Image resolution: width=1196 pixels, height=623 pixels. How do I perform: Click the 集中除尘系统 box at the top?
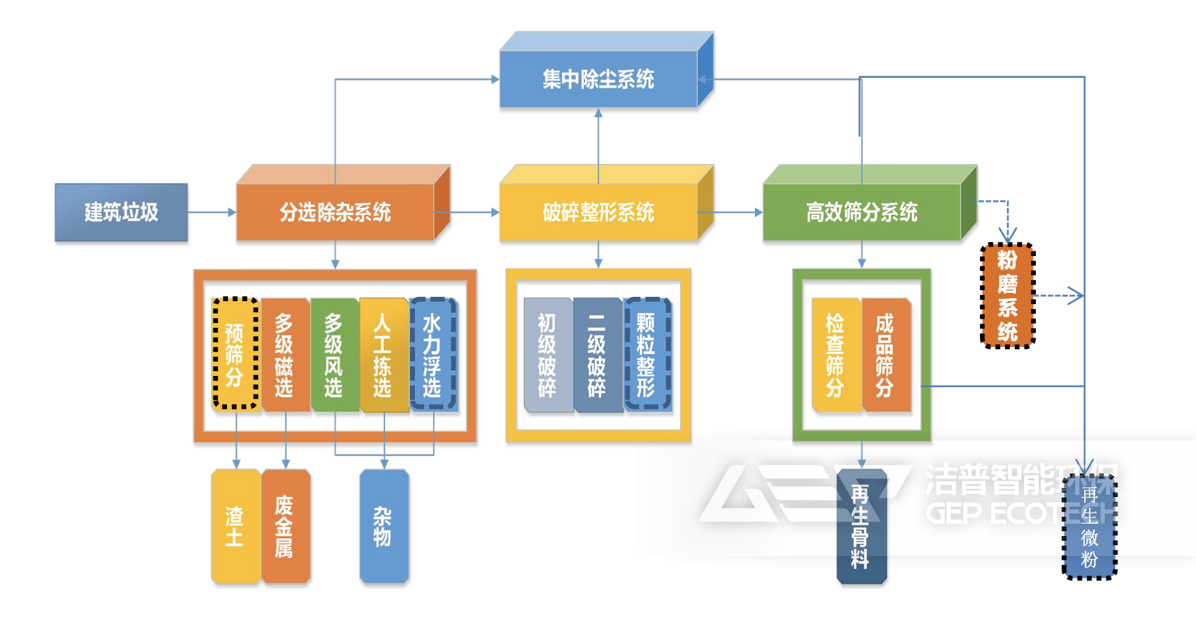(x=598, y=79)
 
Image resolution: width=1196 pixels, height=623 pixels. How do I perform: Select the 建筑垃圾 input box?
(x=121, y=212)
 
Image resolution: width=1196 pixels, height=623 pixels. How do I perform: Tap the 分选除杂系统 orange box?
(x=335, y=212)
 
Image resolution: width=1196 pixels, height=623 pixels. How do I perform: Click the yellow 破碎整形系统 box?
(x=598, y=212)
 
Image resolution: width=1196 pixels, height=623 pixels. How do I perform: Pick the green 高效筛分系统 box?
(x=861, y=212)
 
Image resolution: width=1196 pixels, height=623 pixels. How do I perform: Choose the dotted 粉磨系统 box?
(x=1007, y=296)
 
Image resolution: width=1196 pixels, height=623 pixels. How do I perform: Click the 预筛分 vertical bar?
(x=235, y=355)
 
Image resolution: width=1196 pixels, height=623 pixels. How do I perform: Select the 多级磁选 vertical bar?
(x=284, y=355)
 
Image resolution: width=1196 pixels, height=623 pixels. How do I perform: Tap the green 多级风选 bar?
(x=333, y=355)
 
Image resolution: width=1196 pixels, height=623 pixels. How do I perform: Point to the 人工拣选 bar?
(x=383, y=355)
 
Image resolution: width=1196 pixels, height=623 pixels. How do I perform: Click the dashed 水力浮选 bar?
(x=433, y=355)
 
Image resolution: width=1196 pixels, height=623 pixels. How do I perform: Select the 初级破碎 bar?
(x=547, y=355)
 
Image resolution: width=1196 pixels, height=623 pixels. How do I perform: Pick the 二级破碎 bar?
(x=597, y=355)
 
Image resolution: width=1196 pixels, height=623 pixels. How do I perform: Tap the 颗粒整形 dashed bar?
(x=647, y=355)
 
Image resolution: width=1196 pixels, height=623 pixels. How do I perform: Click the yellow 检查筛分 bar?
(x=835, y=355)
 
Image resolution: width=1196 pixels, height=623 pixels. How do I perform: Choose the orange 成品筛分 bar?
(x=885, y=355)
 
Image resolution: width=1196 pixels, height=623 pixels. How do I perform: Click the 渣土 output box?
(x=235, y=526)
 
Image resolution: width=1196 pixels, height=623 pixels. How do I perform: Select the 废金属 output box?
(x=284, y=526)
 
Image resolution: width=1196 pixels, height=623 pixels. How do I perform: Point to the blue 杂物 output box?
(x=383, y=526)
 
